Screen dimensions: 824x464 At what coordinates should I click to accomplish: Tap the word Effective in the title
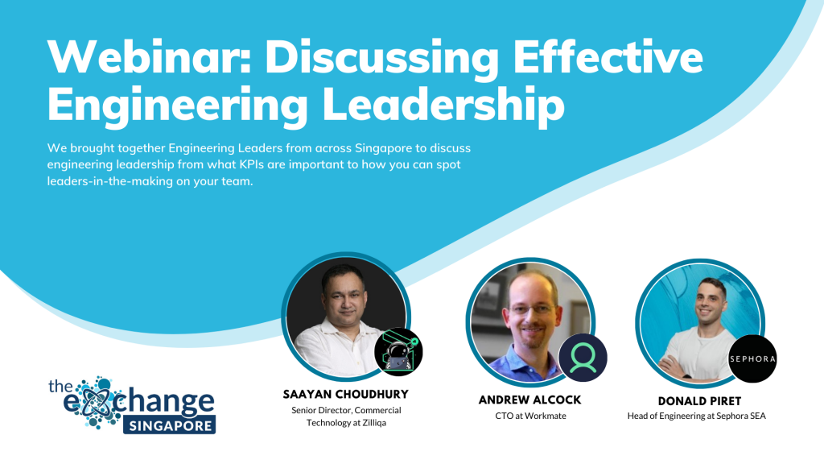608,56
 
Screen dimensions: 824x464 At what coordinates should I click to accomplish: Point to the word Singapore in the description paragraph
383,148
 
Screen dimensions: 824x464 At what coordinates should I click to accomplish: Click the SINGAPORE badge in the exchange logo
169,425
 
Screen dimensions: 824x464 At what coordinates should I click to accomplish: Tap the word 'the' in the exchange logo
60,386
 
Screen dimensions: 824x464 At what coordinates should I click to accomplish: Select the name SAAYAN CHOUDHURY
346,395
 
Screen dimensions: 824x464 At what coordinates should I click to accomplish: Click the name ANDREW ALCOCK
529,400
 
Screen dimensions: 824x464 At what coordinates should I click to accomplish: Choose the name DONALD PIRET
699,401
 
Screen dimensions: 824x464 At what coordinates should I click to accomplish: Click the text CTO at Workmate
531,416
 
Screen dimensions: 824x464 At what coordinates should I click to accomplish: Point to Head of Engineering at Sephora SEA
696,416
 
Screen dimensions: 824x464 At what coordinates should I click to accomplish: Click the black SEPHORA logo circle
752,358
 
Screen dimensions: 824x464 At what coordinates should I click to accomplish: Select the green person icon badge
583,358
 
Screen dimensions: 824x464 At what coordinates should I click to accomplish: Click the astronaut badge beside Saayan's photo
398,351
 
